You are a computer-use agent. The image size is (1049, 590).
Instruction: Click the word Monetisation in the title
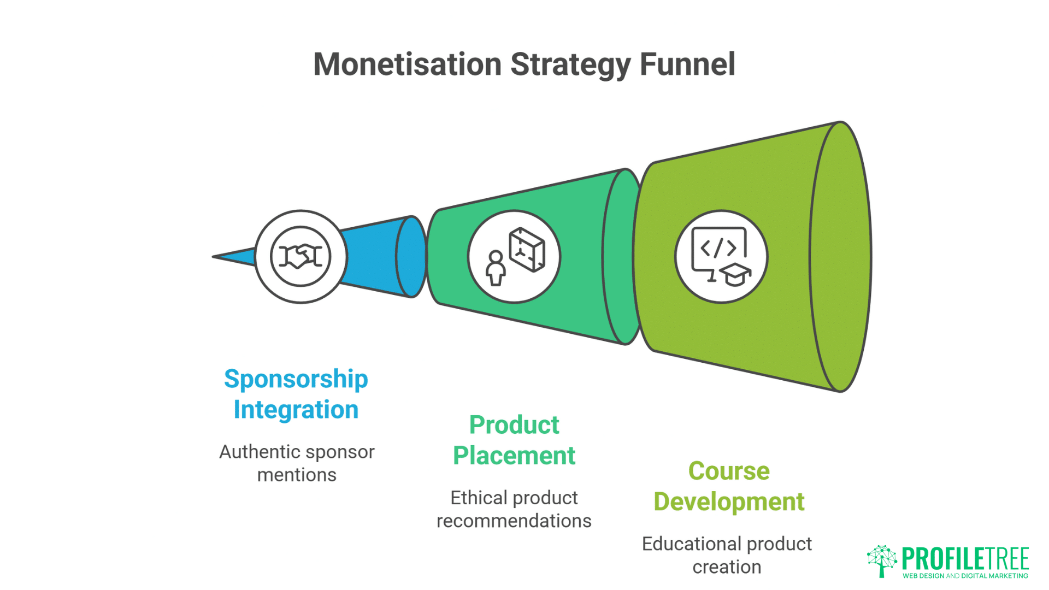407,64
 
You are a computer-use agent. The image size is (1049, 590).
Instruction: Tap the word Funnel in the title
687,64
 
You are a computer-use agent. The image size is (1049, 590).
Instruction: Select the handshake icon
300,256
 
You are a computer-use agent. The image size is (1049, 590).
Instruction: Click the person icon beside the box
496,268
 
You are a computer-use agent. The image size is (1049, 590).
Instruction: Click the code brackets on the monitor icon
718,247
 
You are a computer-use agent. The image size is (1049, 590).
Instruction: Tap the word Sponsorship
296,379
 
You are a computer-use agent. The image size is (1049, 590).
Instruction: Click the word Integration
296,410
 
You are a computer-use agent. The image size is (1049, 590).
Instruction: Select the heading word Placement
514,456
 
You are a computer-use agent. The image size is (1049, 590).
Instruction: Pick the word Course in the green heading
729,471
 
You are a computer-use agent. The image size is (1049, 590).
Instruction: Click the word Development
729,501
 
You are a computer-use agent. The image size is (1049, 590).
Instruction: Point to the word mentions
297,475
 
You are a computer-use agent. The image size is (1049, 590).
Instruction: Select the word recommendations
514,521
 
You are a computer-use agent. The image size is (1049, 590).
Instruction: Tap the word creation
727,567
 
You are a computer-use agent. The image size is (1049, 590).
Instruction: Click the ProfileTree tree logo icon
881,560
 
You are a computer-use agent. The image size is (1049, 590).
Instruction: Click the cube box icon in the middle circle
527,250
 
